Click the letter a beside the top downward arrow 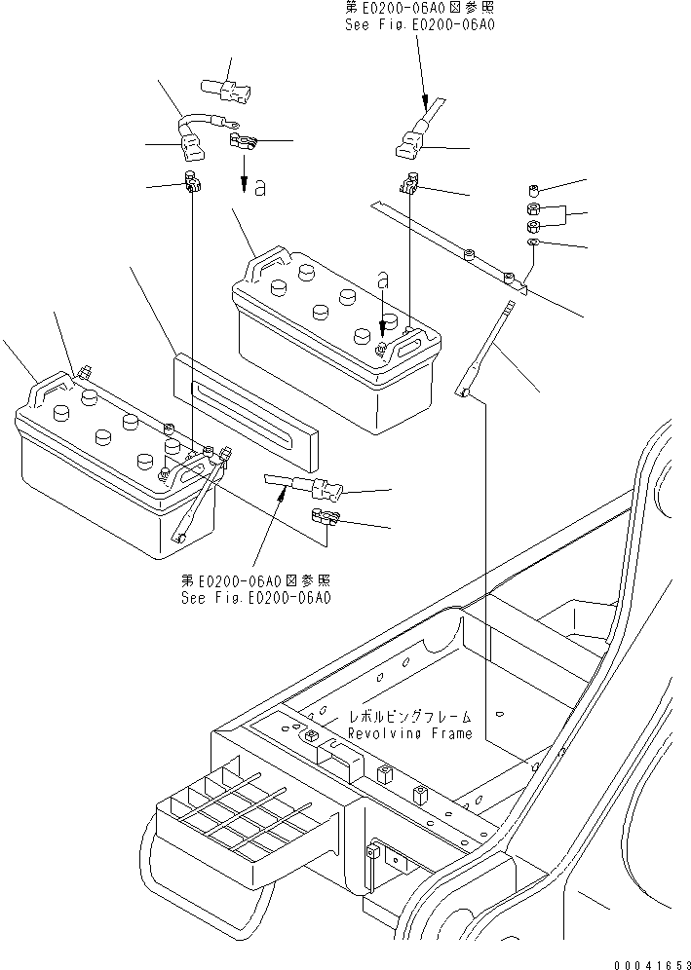coord(259,187)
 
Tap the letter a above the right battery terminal coord(383,280)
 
